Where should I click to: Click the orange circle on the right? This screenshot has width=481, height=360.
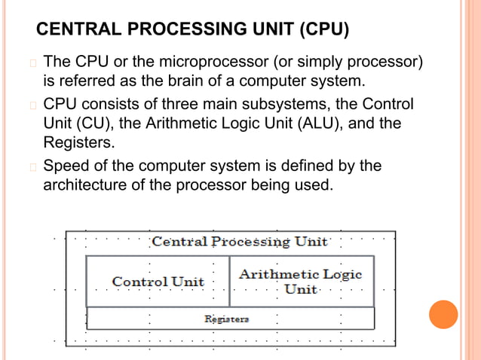pyautogui.click(x=443, y=315)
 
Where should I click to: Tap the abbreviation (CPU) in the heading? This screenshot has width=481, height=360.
pyautogui.click(x=323, y=31)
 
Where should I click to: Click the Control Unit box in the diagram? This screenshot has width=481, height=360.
pyautogui.click(x=158, y=282)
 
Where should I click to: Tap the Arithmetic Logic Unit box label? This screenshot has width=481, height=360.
pyautogui.click(x=300, y=281)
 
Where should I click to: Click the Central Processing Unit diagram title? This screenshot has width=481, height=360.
pyautogui.click(x=240, y=242)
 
